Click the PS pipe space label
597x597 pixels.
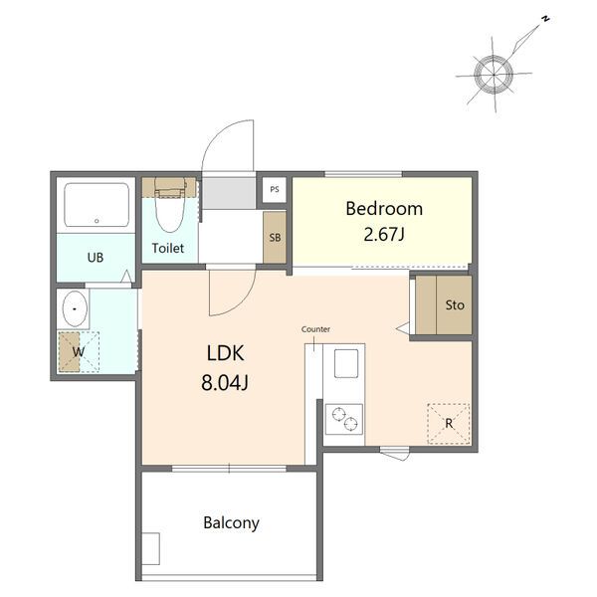(x=275, y=189)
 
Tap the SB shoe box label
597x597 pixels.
(x=275, y=238)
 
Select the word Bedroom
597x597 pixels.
(x=384, y=209)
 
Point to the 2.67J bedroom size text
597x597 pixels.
(x=384, y=234)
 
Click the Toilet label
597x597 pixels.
(x=168, y=248)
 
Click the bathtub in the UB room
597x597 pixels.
(x=97, y=205)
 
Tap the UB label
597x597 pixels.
(x=96, y=258)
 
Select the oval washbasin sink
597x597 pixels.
(x=75, y=308)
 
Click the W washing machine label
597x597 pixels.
(x=79, y=351)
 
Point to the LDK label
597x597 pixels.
(x=226, y=353)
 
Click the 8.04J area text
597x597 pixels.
(x=225, y=383)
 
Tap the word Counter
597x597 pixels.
(x=315, y=329)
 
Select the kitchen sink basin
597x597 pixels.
(x=346, y=363)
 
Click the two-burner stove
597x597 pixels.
(x=344, y=419)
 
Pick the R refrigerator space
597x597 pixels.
(x=449, y=424)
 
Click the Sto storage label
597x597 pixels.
(x=455, y=305)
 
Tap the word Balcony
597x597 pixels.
(x=231, y=523)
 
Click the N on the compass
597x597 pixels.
(x=545, y=18)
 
